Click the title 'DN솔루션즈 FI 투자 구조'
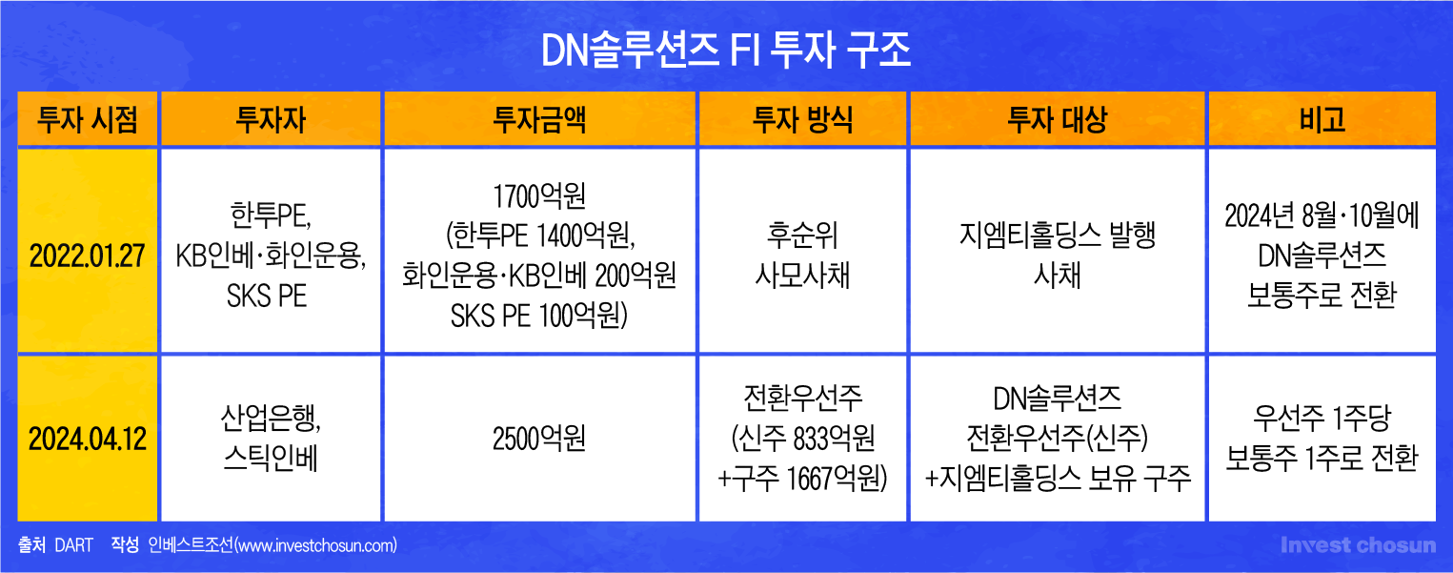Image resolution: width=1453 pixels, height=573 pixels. [x=726, y=51]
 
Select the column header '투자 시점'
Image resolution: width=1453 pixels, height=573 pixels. [x=88, y=120]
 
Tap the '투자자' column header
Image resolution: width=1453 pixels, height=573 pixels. [x=271, y=120]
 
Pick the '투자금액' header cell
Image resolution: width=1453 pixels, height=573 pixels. [x=539, y=120]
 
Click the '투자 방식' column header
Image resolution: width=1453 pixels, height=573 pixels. [x=802, y=120]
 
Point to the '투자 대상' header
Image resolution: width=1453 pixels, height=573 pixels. [x=1058, y=120]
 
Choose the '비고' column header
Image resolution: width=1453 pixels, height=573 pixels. [x=1322, y=120]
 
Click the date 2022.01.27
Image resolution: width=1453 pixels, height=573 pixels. [x=88, y=256]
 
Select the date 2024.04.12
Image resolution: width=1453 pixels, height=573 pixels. [x=88, y=440]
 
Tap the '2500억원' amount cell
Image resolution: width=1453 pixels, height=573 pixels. [x=539, y=440]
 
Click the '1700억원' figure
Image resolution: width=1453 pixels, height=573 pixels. [x=539, y=196]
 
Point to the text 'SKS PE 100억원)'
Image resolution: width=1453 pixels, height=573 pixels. [x=539, y=316]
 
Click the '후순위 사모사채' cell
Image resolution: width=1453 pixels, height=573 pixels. [x=802, y=255]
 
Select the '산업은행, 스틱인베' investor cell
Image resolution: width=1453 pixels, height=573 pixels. [x=271, y=438]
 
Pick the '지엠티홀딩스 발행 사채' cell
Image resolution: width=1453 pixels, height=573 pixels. [x=1058, y=255]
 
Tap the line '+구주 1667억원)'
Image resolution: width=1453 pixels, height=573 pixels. [x=802, y=479]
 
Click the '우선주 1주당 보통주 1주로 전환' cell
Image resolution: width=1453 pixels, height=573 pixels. [x=1322, y=438]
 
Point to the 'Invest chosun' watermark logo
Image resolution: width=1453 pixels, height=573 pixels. [x=1359, y=545]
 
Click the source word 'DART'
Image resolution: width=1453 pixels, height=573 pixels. [x=74, y=545]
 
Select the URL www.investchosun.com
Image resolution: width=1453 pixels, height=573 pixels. [x=315, y=545]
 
